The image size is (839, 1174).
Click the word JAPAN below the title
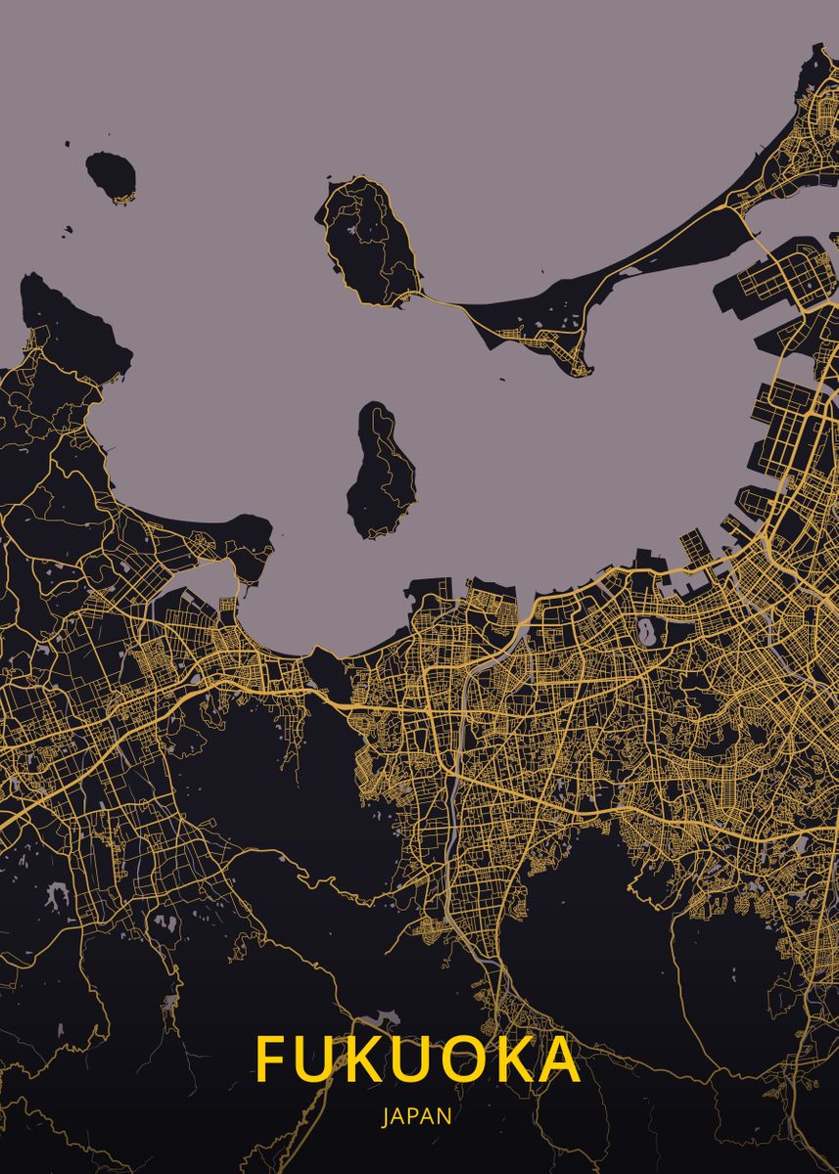tap(417, 1116)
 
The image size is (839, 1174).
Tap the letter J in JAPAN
tap(386, 1116)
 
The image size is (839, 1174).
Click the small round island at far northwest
tap(110, 176)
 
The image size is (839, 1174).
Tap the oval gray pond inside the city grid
tap(647, 631)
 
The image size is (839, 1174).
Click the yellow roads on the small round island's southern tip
tap(119, 199)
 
